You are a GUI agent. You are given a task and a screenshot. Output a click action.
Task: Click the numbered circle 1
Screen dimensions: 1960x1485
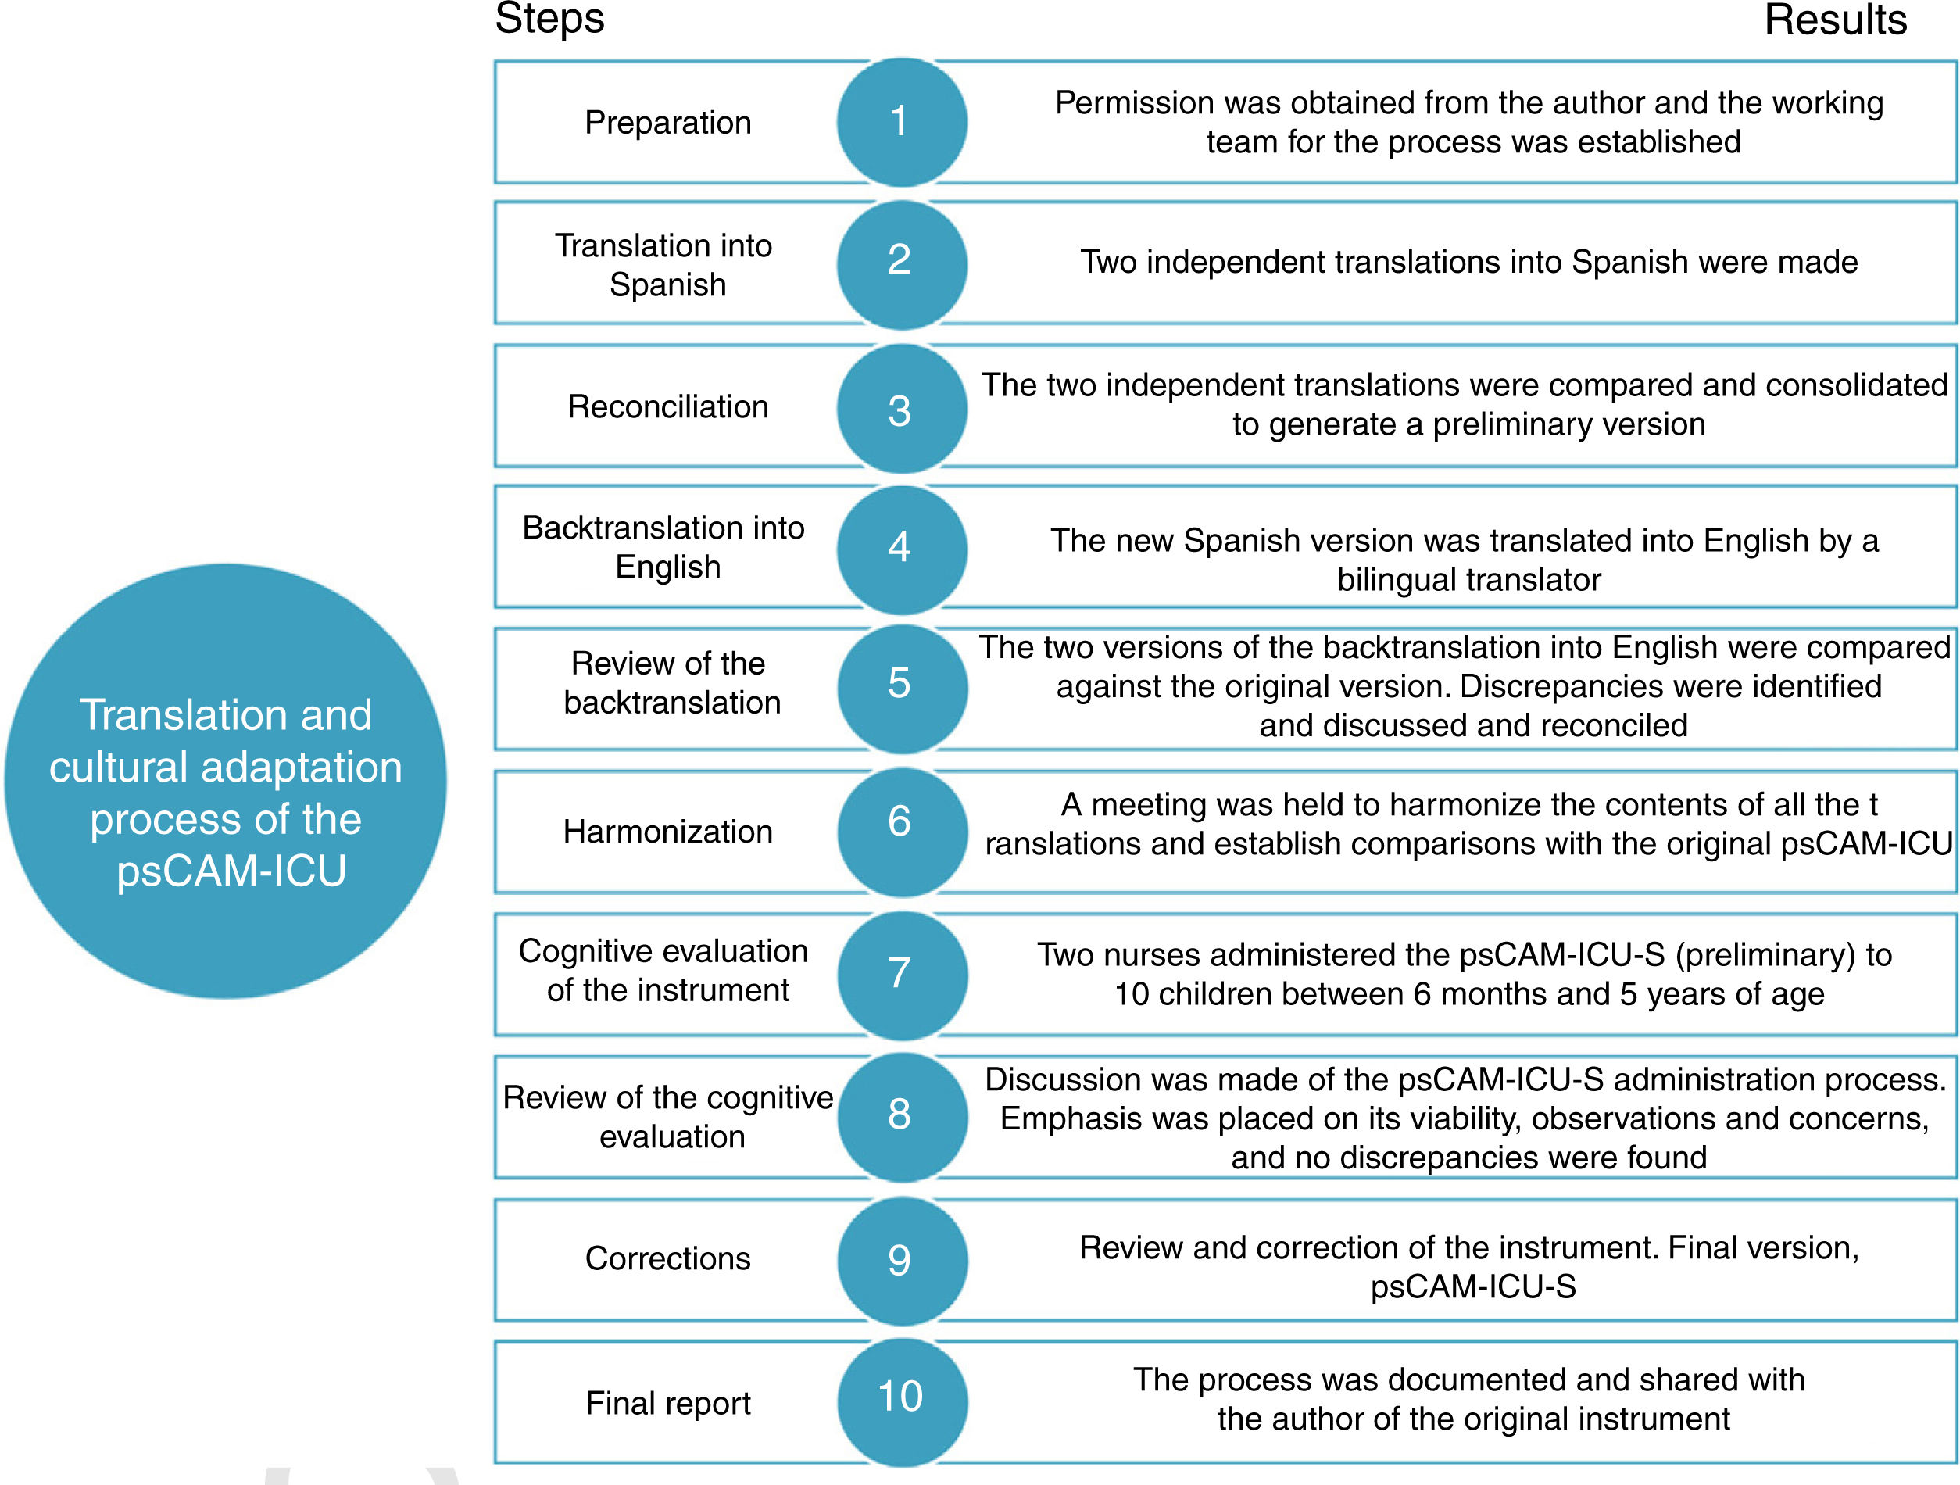coord(901,122)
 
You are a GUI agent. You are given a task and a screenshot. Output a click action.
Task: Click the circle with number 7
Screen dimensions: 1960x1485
coord(901,975)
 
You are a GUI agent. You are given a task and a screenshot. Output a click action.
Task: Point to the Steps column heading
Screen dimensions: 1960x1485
coord(549,20)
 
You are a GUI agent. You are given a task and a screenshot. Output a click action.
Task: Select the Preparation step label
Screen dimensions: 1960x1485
coord(667,122)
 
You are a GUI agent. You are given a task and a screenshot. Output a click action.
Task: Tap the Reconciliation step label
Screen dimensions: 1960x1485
coord(667,406)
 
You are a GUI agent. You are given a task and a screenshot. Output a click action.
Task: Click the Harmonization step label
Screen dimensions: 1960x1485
coord(667,832)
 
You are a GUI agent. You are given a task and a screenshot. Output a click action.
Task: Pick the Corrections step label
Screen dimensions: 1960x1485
coord(667,1258)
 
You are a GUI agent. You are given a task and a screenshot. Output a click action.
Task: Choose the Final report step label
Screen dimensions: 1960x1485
coord(667,1403)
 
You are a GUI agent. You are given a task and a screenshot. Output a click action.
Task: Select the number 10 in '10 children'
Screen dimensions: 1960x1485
coord(1132,994)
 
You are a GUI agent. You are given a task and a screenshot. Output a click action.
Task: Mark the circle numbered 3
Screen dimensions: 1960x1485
coord(901,409)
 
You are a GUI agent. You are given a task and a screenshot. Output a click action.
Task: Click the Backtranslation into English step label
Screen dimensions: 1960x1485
coord(663,546)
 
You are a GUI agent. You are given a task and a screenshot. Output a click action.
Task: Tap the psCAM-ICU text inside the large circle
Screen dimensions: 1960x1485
coord(231,871)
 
